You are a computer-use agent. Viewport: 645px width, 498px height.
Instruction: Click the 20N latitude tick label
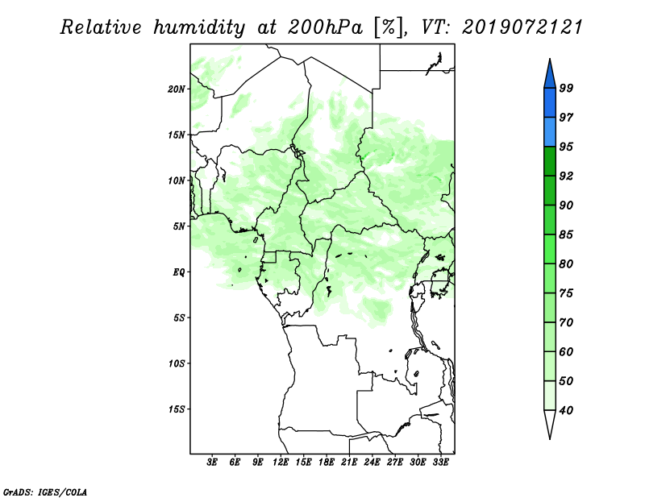(x=177, y=89)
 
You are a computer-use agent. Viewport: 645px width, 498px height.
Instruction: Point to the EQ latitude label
(x=179, y=272)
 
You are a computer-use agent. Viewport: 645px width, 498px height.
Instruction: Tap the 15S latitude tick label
(x=177, y=409)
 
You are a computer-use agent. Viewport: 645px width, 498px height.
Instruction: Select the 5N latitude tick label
(x=179, y=226)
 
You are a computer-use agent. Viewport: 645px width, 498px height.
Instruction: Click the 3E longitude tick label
(x=212, y=463)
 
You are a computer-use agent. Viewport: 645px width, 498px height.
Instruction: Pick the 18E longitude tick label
(x=327, y=463)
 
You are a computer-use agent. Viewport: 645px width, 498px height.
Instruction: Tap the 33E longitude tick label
(x=440, y=463)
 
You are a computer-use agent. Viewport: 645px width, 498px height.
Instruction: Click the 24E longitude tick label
(x=372, y=463)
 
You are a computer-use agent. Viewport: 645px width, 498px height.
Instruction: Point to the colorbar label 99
(x=566, y=88)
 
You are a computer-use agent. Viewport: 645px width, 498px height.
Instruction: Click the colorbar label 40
(x=566, y=410)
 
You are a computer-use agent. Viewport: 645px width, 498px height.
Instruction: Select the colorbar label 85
(x=566, y=234)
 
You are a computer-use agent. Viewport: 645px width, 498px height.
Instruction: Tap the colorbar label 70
(x=566, y=322)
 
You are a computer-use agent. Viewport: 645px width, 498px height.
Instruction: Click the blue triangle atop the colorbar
(x=550, y=76)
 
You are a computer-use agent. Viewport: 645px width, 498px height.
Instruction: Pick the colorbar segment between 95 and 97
(x=550, y=132)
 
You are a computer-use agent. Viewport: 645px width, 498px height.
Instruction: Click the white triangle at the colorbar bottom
(x=550, y=423)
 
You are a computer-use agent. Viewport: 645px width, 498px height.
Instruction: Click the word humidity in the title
(x=199, y=27)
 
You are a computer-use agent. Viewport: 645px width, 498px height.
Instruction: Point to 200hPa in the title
(x=326, y=27)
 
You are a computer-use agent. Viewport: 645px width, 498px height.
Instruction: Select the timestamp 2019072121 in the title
(x=522, y=27)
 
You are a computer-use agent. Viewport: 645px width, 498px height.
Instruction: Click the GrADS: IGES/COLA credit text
(x=45, y=492)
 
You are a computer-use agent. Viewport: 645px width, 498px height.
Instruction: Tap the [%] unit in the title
(x=389, y=27)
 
